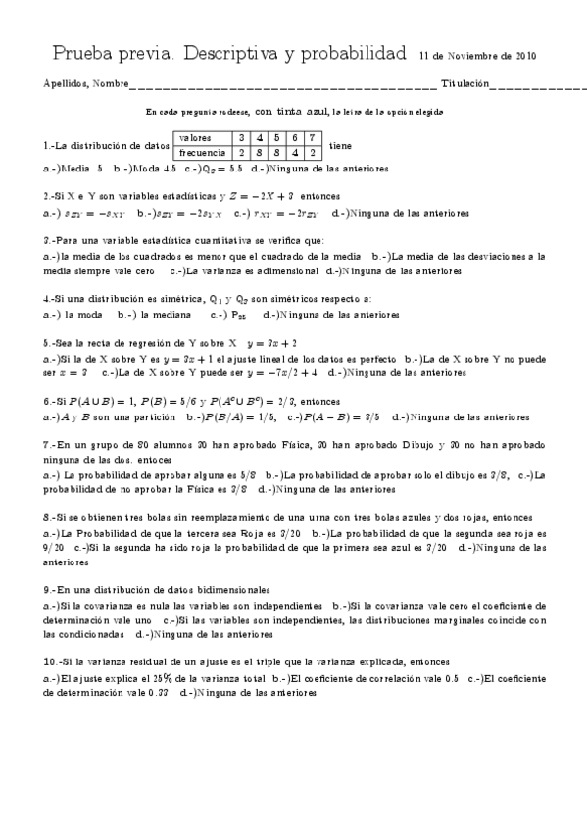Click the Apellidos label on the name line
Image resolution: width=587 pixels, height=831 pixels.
tap(65, 83)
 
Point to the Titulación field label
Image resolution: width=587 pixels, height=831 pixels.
tap(465, 83)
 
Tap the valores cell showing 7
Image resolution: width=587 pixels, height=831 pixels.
tap(312, 138)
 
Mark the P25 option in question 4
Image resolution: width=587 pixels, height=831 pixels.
tap(238, 316)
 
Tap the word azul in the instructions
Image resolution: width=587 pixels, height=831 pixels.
tap(317, 112)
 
